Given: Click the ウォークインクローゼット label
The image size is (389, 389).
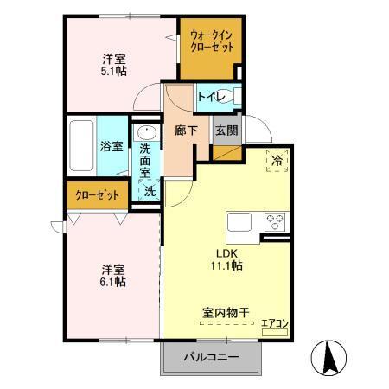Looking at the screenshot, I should pyautogui.click(x=211, y=41).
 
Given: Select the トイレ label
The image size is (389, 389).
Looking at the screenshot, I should pyautogui.click(x=210, y=96).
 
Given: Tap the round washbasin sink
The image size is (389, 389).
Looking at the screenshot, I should pyautogui.click(x=145, y=133).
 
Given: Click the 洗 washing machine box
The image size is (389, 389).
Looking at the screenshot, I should pyautogui.click(x=149, y=190).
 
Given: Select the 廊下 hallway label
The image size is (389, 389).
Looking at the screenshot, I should pyautogui.click(x=186, y=131).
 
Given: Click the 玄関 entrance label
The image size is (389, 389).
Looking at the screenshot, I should pyautogui.click(x=226, y=131).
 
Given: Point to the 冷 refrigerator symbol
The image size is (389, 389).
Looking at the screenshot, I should pyautogui.click(x=277, y=161).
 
